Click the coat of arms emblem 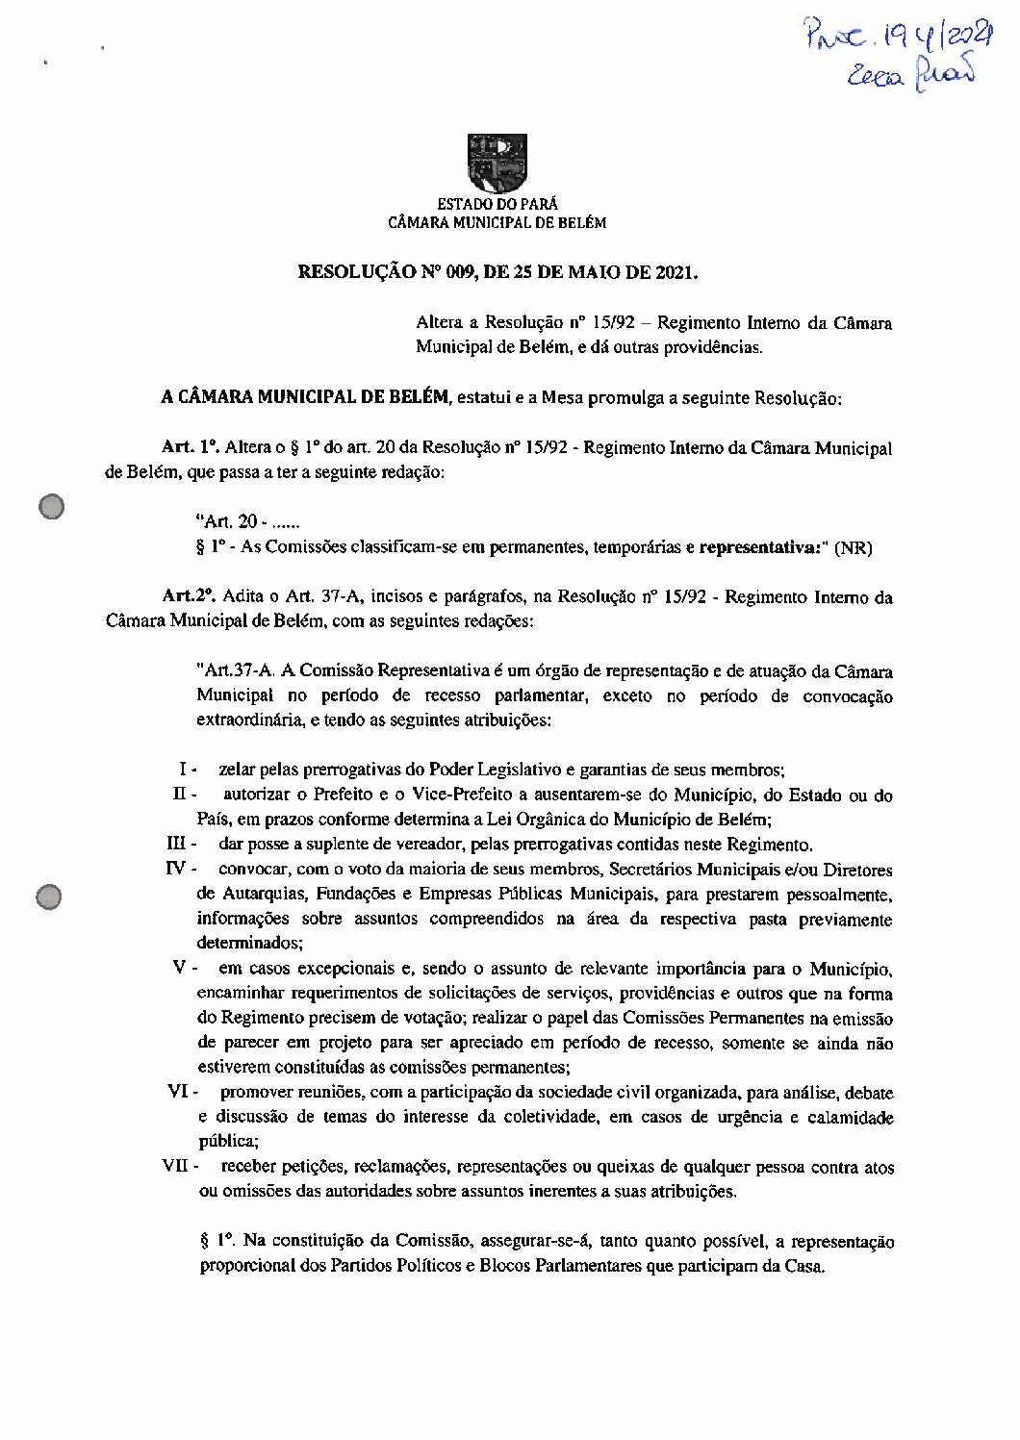[x=497, y=164]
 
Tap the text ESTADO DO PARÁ [x=497, y=204]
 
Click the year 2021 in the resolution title [x=674, y=272]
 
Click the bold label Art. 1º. [x=191, y=447]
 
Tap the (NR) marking [x=854, y=548]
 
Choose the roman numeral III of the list [x=176, y=845]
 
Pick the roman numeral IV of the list [x=176, y=870]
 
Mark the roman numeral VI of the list [x=178, y=1092]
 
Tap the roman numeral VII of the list [x=176, y=1166]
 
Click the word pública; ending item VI [x=229, y=1142]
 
